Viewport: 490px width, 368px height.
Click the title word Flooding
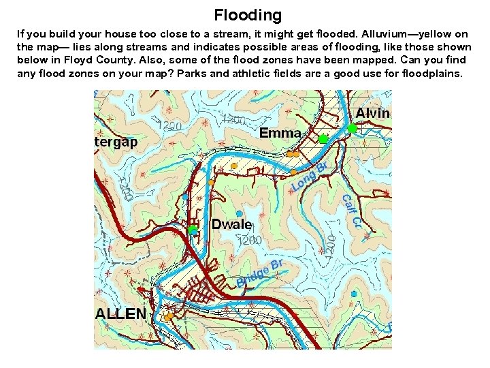[247, 14]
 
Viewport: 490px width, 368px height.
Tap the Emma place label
[280, 133]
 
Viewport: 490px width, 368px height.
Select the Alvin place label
[373, 113]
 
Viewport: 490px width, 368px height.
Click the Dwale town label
[231, 224]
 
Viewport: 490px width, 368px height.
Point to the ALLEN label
[120, 314]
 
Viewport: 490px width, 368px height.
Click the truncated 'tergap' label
[116, 142]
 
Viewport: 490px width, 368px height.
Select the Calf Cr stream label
[350, 212]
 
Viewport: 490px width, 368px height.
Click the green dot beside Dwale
[193, 230]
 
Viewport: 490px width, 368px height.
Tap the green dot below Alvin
[353, 128]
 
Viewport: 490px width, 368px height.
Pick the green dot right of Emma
[323, 139]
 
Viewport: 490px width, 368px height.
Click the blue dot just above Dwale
[238, 214]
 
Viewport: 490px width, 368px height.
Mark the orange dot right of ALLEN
[168, 316]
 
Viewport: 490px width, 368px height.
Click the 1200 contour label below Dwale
[248, 240]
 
